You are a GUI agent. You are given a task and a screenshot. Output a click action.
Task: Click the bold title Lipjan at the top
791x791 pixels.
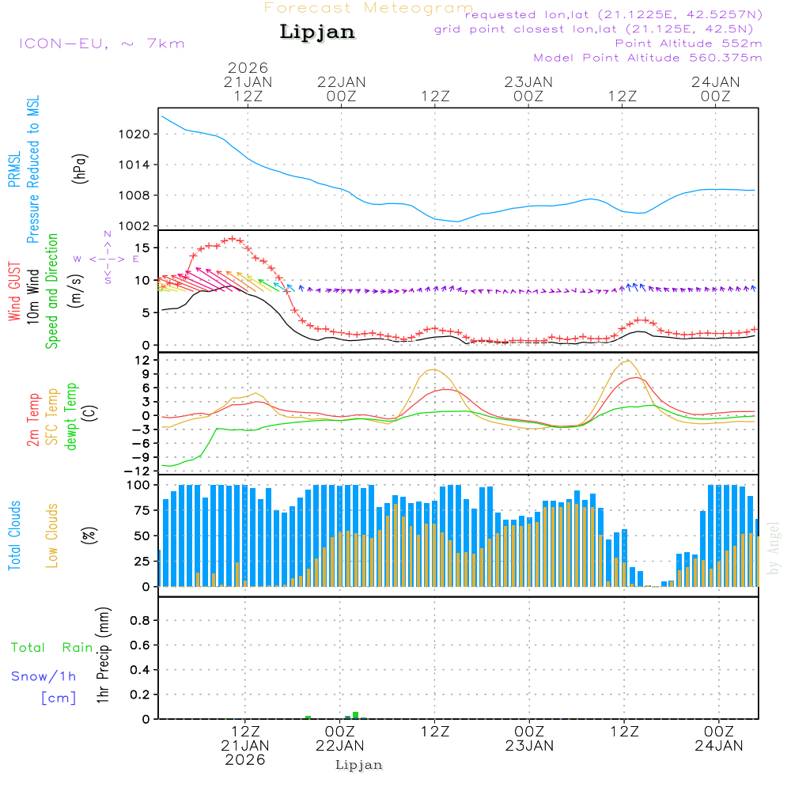click(x=317, y=32)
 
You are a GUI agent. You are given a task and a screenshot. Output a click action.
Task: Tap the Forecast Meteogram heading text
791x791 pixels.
click(x=369, y=8)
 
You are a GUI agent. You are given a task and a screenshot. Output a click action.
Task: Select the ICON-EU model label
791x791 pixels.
click(x=101, y=44)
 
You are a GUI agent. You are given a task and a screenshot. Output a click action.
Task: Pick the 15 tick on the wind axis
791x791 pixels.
click(x=143, y=248)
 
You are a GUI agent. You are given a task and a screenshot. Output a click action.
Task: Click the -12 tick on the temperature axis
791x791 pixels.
click(x=139, y=471)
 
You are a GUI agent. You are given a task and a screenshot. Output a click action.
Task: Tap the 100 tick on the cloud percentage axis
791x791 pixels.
click(x=139, y=484)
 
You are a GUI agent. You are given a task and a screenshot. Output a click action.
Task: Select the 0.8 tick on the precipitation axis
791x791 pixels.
click(x=140, y=621)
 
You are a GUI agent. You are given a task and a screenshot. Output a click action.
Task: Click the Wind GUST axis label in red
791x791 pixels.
click(x=14, y=293)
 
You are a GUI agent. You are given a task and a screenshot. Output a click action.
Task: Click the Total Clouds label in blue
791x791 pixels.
click(x=14, y=536)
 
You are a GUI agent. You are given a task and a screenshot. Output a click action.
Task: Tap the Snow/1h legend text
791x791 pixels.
click(x=44, y=676)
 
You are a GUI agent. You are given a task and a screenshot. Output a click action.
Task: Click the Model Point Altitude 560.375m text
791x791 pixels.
click(x=648, y=58)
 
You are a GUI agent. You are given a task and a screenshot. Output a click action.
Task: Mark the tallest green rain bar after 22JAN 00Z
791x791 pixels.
click(x=356, y=715)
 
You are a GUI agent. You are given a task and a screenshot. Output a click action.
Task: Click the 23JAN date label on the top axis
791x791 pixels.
click(x=528, y=81)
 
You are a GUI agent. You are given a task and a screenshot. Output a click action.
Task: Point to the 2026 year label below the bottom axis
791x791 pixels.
click(x=245, y=759)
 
